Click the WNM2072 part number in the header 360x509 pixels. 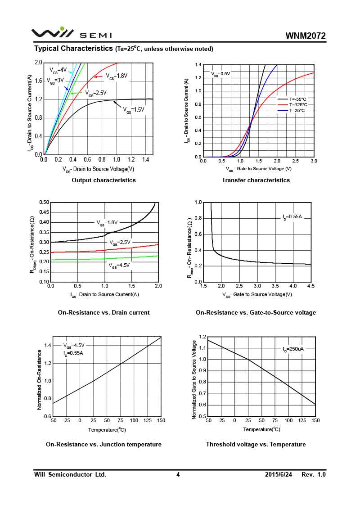[305, 36]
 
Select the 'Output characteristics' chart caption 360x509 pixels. [103, 180]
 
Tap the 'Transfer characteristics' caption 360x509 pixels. [256, 180]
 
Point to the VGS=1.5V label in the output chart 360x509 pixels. [134, 109]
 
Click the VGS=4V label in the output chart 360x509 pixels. [58, 70]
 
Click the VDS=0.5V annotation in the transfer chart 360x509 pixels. [220, 73]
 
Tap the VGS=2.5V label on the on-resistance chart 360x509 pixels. [120, 243]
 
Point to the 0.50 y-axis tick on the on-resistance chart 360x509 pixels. [44, 203]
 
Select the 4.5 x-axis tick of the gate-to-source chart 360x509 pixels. [311, 286]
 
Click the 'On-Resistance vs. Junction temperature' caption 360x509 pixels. [103, 444]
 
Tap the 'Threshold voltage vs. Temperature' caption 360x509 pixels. [256, 444]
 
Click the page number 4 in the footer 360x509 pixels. [178, 474]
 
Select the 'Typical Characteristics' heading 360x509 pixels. [73, 48]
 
